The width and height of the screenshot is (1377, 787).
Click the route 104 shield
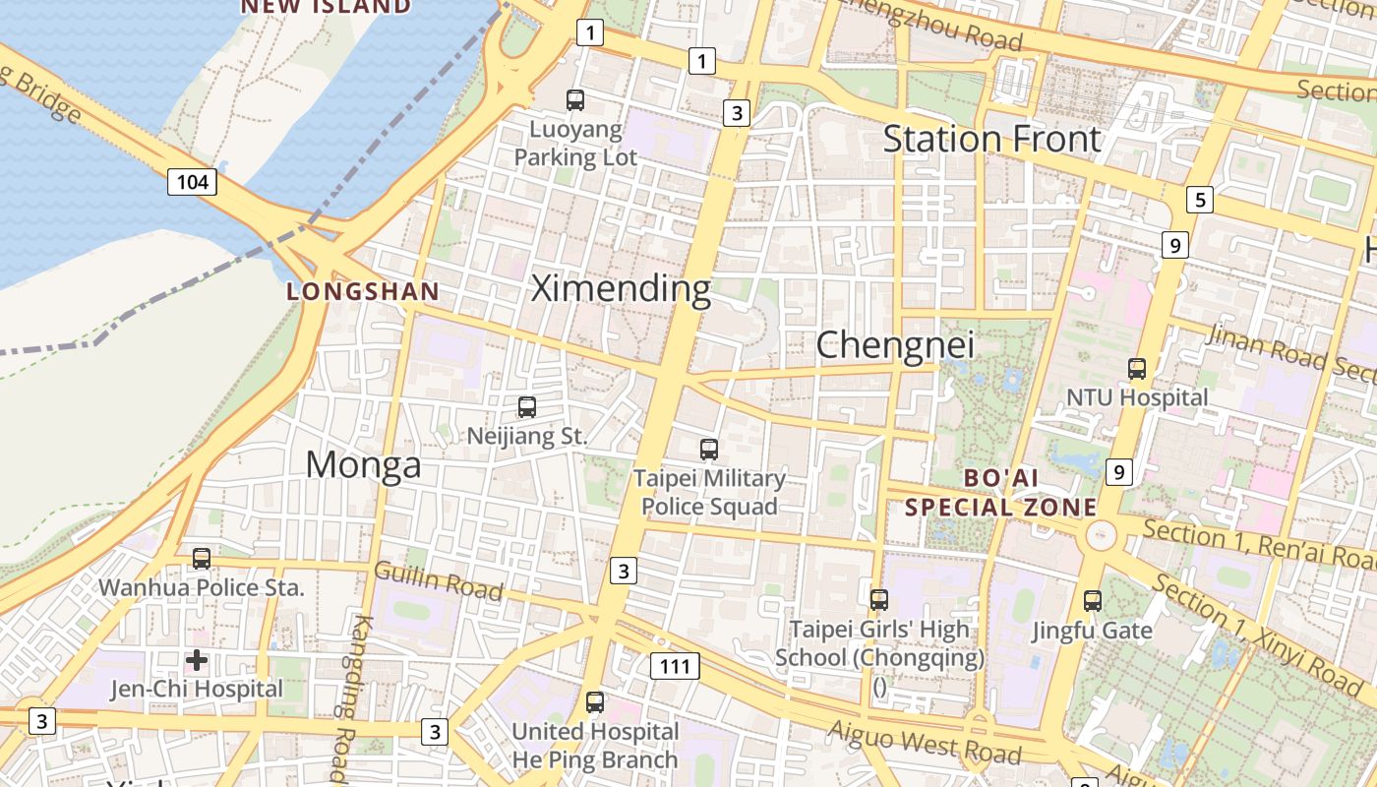click(192, 181)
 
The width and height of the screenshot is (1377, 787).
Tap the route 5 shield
click(1199, 200)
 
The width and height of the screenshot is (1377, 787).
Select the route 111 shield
click(675, 666)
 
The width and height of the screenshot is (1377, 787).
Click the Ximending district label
click(621, 288)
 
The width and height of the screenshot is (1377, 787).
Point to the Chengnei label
click(895, 344)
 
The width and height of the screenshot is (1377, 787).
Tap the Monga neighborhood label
click(363, 464)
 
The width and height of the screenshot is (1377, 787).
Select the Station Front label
click(991, 139)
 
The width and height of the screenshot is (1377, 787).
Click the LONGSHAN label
click(362, 291)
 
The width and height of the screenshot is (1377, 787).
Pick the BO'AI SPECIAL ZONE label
click(1000, 493)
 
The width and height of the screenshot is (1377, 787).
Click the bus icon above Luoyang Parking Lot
click(575, 99)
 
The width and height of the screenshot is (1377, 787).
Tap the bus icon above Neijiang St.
click(527, 406)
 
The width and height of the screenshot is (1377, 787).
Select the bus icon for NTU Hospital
click(1137, 369)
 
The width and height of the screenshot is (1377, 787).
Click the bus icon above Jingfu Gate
click(1092, 600)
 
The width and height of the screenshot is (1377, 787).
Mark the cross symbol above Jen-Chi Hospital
click(197, 659)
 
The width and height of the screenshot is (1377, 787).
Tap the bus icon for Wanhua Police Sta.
click(202, 559)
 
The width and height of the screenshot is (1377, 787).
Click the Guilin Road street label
click(439, 580)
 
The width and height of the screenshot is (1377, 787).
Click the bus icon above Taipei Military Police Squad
click(709, 450)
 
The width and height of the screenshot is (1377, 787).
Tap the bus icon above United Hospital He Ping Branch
click(595, 702)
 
